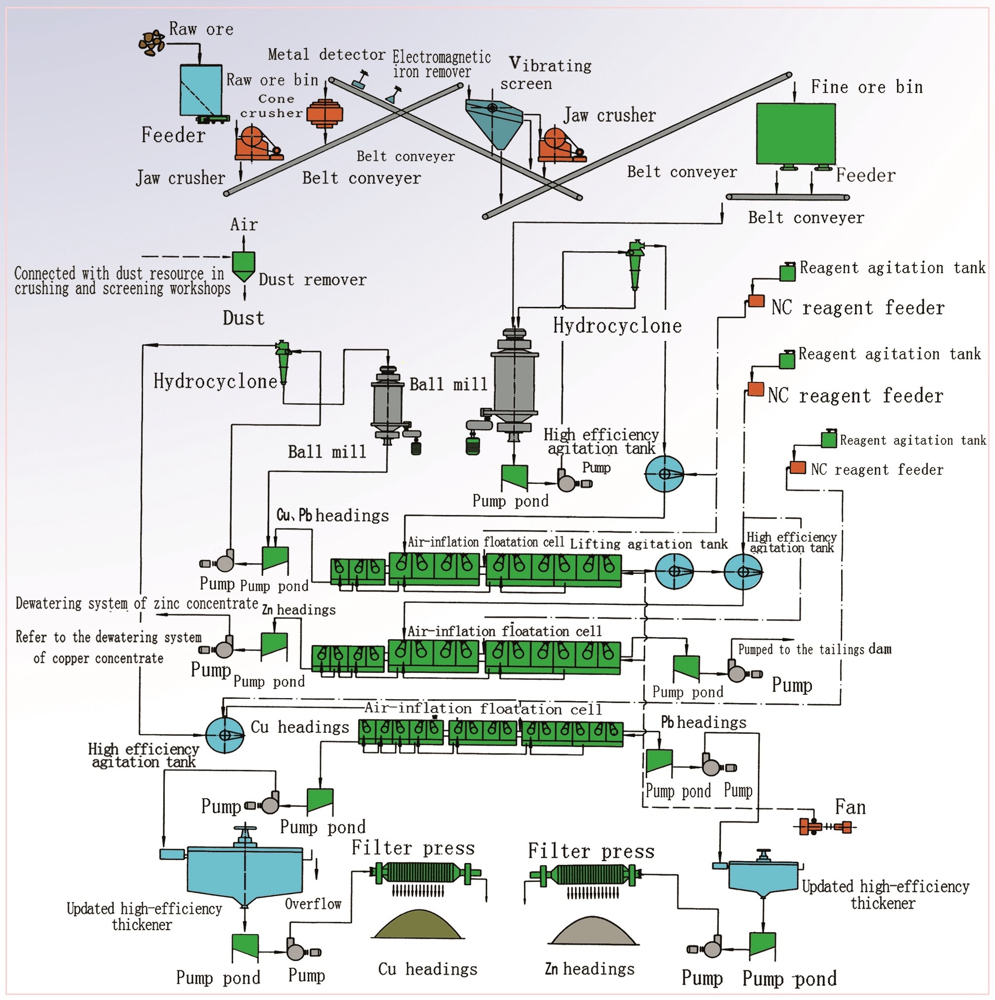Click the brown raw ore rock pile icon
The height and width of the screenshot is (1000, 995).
point(152,43)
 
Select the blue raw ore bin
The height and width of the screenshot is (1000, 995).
point(201,90)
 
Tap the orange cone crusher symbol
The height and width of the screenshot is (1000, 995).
point(325,113)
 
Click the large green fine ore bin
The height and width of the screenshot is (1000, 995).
point(796,134)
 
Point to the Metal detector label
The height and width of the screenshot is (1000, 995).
point(326,54)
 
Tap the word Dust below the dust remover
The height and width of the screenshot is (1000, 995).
point(243,318)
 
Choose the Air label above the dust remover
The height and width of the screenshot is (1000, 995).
point(243,225)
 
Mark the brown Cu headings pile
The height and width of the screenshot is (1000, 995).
point(417,925)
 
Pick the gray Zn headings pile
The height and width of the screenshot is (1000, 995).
point(593,930)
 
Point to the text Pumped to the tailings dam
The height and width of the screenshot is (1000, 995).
point(814,650)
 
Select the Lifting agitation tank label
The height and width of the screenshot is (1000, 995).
point(648,544)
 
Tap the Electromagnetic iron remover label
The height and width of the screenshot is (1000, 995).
point(441,64)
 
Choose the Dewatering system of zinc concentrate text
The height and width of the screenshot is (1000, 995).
point(137,603)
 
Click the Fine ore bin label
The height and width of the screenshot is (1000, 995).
point(867,87)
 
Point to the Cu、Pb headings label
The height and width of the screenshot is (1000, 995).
point(332,516)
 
